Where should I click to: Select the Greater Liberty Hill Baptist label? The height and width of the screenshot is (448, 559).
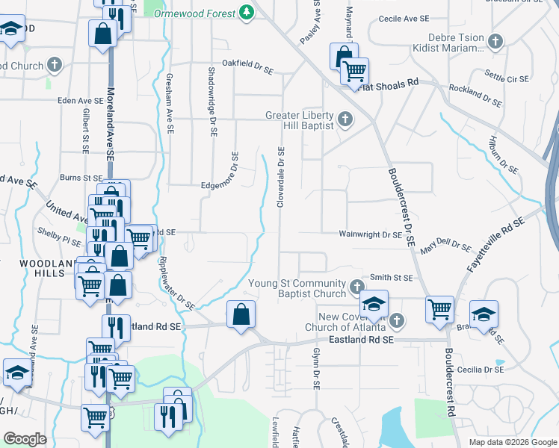click(x=299, y=121)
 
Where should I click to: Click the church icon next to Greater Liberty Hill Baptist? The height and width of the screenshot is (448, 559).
click(x=345, y=119)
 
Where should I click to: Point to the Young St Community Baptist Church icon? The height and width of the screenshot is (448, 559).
click(x=357, y=285)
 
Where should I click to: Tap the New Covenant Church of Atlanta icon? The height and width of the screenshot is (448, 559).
click(x=396, y=321)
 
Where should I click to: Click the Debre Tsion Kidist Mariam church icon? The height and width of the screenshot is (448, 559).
click(x=495, y=42)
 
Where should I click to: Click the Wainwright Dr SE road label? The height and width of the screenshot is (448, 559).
click(x=371, y=234)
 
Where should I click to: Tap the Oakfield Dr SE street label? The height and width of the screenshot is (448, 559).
click(x=247, y=64)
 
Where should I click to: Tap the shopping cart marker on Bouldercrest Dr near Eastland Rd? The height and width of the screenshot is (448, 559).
click(x=439, y=308)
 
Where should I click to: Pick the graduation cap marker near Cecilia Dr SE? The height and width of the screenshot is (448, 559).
click(x=484, y=314)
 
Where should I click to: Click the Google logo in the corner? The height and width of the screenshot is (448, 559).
click(x=25, y=439)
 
